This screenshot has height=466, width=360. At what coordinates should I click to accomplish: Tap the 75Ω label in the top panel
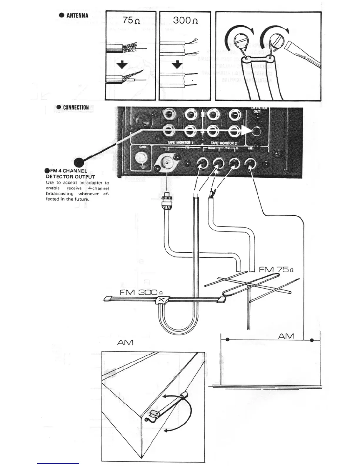click(x=131, y=21)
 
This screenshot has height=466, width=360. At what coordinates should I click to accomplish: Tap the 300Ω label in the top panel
click(x=185, y=21)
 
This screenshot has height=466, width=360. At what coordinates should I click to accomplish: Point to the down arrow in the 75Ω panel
click(x=122, y=64)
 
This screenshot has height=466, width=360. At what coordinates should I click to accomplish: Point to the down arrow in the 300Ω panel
click(x=177, y=64)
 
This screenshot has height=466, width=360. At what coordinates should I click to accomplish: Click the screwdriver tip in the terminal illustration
click(x=290, y=47)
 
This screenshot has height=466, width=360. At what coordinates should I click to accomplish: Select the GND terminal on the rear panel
click(x=141, y=159)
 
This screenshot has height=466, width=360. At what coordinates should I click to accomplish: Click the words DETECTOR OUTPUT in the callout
click(x=70, y=177)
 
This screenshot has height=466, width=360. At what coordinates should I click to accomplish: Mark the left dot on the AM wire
click(x=228, y=340)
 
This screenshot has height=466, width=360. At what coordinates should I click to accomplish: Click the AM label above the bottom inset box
click(x=125, y=342)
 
